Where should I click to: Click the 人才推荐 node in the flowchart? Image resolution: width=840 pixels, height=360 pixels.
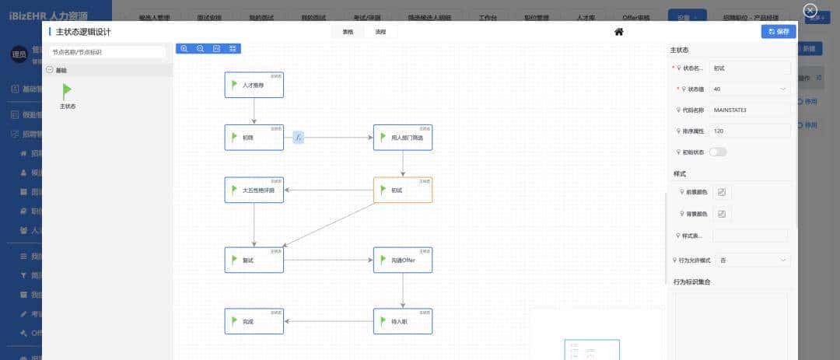254,85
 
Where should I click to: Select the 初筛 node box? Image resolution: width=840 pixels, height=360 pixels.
254,138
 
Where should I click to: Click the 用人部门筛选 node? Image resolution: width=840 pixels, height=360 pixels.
402,138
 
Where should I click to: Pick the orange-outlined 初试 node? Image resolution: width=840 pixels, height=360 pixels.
402,190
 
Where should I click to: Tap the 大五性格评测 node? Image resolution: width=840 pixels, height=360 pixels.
254,190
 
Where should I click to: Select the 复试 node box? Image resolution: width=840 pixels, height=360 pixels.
254,260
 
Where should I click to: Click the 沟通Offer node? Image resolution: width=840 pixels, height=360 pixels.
402,260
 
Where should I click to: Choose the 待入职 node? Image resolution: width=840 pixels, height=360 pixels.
402,320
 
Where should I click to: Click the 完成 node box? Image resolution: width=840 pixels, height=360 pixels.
254,320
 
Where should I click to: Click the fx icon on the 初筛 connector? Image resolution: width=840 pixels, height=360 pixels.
299,138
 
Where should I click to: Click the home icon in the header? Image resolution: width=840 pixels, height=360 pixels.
619,32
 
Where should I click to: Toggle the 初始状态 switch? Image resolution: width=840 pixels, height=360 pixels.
717,152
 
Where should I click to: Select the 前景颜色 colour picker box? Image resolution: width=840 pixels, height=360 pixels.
721,192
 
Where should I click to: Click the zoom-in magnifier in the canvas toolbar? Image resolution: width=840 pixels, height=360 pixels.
184,48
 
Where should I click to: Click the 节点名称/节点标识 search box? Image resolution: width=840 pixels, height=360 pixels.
107,52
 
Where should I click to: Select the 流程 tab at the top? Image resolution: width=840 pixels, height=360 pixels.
380,32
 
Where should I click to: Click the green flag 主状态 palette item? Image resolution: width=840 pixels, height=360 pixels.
68,93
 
